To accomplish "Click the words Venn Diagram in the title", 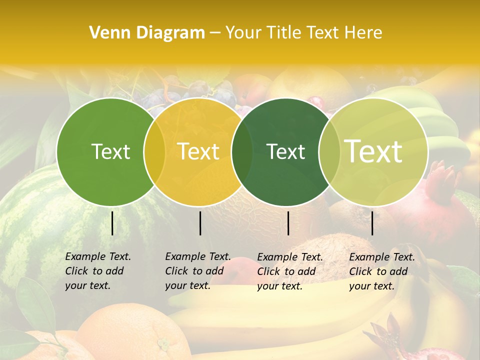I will click(x=146, y=33).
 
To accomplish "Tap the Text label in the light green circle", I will click(x=111, y=151).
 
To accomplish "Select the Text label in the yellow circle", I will click(x=198, y=151).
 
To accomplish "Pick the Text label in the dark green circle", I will click(x=286, y=151).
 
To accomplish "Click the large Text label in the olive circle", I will click(x=373, y=151).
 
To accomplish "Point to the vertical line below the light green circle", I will click(x=112, y=223).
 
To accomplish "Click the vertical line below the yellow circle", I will click(x=200, y=223).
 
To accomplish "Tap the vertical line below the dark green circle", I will click(x=288, y=223).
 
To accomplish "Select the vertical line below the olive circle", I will click(x=372, y=223).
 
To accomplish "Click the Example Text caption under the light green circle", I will click(x=98, y=271).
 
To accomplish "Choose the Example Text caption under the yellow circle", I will click(x=198, y=271).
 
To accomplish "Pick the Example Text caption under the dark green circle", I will click(x=290, y=271).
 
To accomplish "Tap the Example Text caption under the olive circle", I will click(x=382, y=271).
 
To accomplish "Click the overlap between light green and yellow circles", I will click(x=154, y=151).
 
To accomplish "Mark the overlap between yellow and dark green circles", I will click(x=242, y=151).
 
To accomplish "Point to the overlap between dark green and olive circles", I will click(x=329, y=151).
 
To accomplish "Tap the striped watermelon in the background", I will click(x=30, y=225).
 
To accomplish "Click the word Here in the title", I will click(x=363, y=33).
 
